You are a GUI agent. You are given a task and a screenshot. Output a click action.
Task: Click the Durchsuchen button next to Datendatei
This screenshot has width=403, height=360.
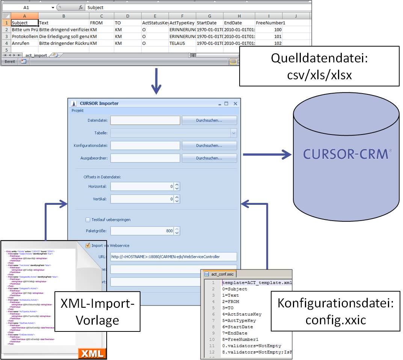209,120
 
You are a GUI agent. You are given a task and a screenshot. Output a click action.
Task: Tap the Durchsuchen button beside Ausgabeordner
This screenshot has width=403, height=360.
209,158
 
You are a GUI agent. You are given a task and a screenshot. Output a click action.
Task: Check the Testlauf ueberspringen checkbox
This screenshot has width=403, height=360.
88,220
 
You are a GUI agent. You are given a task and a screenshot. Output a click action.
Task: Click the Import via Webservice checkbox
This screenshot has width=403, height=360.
88,245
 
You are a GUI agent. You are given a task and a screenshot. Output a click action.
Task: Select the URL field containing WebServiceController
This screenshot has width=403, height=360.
174,257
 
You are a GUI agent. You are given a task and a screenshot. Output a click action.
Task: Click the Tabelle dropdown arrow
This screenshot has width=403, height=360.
234,133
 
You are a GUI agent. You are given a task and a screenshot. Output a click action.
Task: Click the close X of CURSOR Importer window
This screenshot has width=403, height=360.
235,104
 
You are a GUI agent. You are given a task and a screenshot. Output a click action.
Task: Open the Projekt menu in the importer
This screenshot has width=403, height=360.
78,111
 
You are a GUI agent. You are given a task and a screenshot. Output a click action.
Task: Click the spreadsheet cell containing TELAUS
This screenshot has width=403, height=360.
182,43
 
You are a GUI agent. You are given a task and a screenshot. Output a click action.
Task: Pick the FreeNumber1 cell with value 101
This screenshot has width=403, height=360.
269,36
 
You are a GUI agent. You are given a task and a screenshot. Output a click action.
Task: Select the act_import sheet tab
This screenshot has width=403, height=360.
36,55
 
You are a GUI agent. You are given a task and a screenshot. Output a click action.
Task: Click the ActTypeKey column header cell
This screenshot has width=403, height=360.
182,23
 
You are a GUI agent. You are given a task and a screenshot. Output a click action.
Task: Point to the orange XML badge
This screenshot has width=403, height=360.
92,353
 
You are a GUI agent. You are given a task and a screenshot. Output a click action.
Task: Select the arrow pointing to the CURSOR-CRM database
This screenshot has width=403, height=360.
267,154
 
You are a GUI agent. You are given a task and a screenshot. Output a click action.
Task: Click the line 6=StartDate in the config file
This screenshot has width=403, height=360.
240,327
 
